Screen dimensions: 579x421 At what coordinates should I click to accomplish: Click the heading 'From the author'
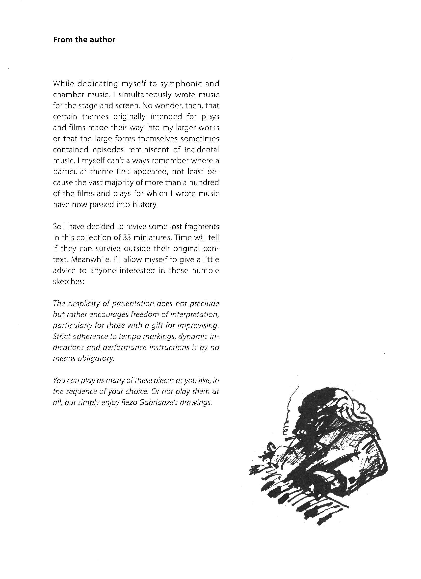84,40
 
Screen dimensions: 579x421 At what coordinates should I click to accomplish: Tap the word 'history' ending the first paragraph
143,205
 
